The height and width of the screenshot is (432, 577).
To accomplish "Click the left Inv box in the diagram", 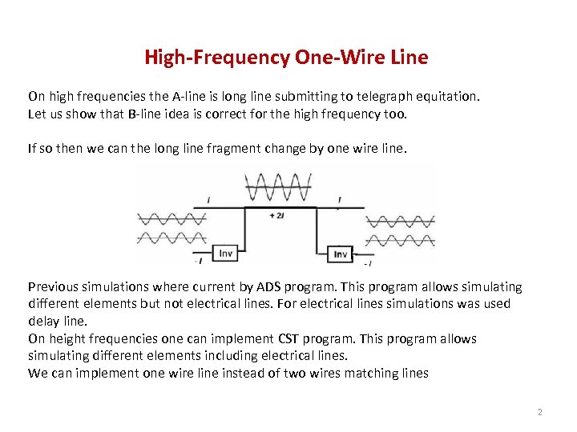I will [x=227, y=253].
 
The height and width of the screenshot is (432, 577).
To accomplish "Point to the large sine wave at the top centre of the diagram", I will [x=278, y=187].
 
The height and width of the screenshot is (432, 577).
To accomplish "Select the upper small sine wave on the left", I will [x=171, y=218].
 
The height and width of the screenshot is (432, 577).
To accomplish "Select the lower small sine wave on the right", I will [x=400, y=238].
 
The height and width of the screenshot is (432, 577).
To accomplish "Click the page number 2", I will [x=539, y=412].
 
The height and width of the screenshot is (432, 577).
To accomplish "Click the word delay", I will [x=43, y=321].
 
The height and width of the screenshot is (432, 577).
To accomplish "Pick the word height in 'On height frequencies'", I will [x=67, y=338].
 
